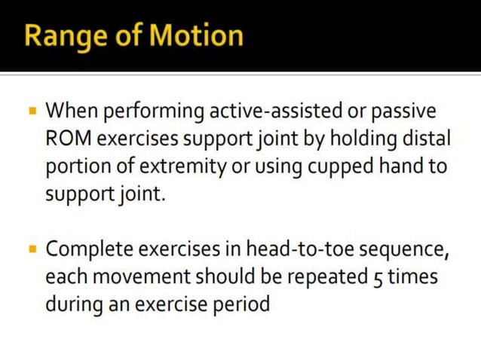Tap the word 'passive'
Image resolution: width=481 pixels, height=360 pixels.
407,113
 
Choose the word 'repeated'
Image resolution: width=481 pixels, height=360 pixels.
323,276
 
